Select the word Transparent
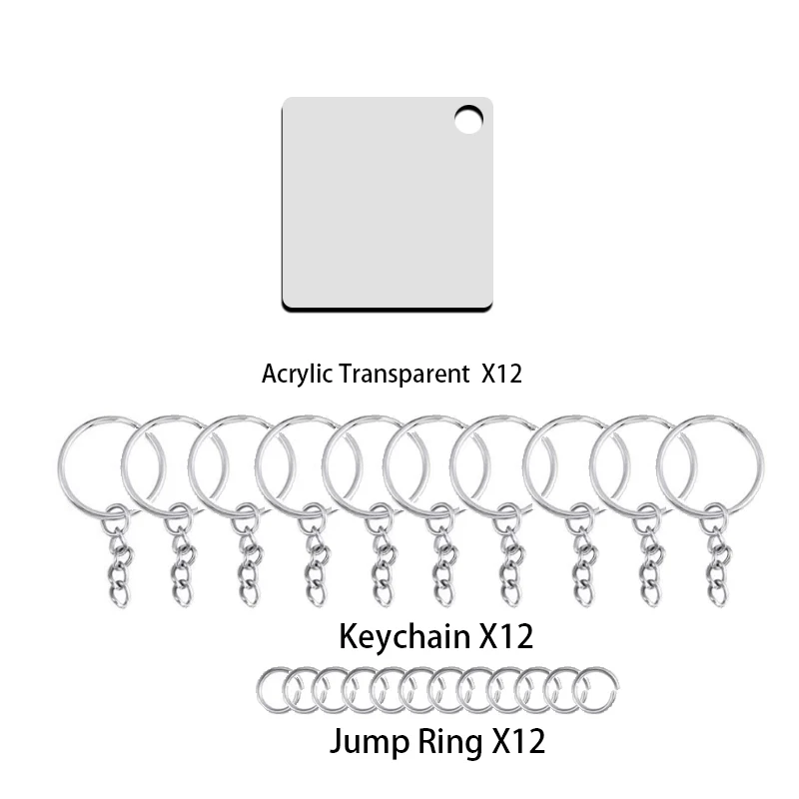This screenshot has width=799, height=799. click(402, 375)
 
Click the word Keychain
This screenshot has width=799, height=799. click(404, 635)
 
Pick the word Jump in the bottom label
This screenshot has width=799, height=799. click(369, 741)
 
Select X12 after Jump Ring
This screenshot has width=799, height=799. click(515, 741)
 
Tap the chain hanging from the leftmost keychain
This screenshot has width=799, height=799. click(118, 564)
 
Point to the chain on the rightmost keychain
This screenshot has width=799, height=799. click(716, 564)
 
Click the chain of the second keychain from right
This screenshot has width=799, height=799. click(650, 564)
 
